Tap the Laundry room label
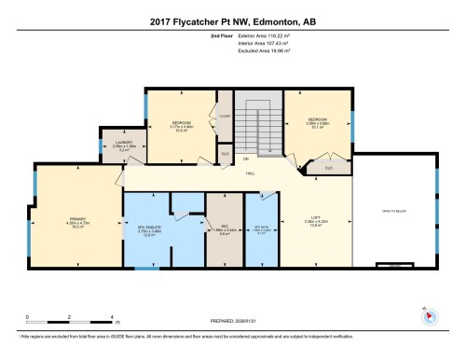[x=124, y=143]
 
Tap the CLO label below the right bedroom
[x=327, y=168]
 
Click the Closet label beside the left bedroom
[x=224, y=116]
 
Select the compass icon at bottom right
[x=423, y=313]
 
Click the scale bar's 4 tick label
[x=112, y=318]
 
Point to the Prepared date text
[x=234, y=322]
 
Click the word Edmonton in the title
[x=251, y=21]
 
